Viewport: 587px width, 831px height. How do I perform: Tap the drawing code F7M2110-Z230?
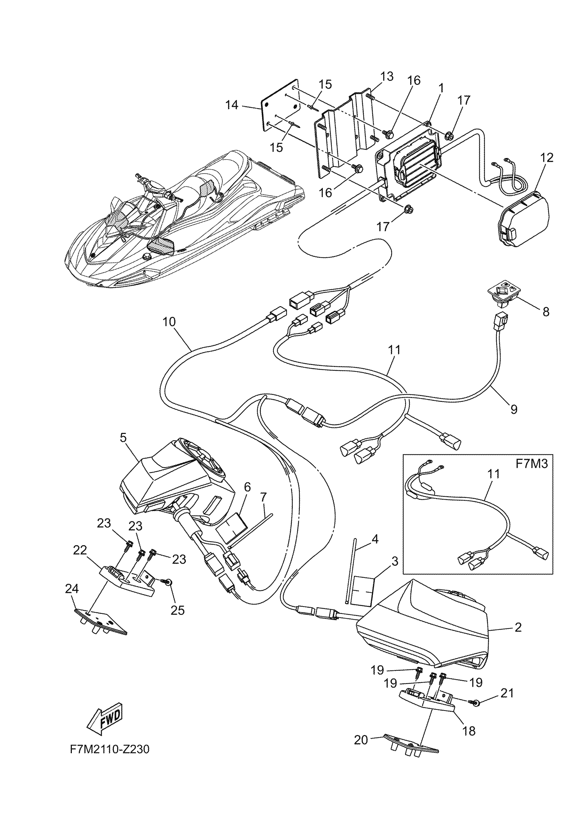point(109,749)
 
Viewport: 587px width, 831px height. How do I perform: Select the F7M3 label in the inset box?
point(531,464)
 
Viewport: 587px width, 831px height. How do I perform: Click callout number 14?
point(232,105)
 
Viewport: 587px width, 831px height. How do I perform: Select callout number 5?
point(123,437)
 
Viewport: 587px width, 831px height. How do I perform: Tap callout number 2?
point(518,627)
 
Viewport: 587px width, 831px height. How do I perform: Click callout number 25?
point(178,610)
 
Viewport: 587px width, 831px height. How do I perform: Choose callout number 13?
point(387,77)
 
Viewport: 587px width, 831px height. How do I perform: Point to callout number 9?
point(514,409)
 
